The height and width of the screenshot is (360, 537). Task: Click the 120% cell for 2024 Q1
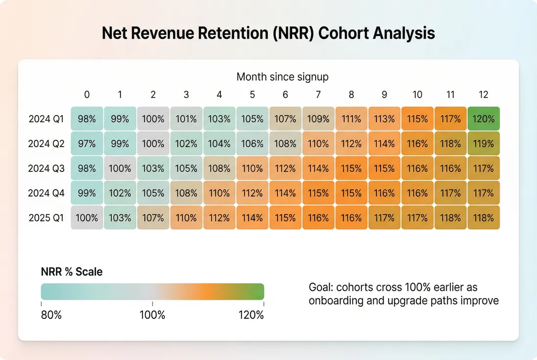pyautogui.click(x=484, y=119)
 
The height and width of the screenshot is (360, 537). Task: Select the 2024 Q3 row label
pyautogui.click(x=46, y=168)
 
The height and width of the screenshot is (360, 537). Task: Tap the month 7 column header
pyautogui.click(x=318, y=95)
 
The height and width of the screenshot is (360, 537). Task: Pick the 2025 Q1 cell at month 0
pyautogui.click(x=87, y=218)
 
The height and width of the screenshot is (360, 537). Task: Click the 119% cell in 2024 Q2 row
pyautogui.click(x=484, y=144)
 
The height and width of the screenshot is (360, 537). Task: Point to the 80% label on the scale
pyautogui.click(x=51, y=315)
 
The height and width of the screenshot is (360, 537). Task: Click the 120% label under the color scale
pyautogui.click(x=251, y=315)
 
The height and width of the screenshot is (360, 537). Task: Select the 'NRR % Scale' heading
pyautogui.click(x=72, y=272)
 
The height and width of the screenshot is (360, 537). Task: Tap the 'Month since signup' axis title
pyautogui.click(x=283, y=77)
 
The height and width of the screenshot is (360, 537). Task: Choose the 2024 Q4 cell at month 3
pyautogui.click(x=186, y=193)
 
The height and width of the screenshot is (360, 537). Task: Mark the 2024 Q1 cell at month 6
pyautogui.click(x=285, y=119)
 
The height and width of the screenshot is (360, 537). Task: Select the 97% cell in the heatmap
pyautogui.click(x=87, y=144)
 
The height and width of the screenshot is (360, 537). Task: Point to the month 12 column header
pyautogui.click(x=484, y=95)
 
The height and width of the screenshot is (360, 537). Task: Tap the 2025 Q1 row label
pyautogui.click(x=46, y=218)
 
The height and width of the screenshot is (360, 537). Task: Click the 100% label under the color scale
pyautogui.click(x=152, y=315)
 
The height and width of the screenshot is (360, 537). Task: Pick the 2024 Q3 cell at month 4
pyautogui.click(x=219, y=168)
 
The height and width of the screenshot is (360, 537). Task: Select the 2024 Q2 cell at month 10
pyautogui.click(x=417, y=144)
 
